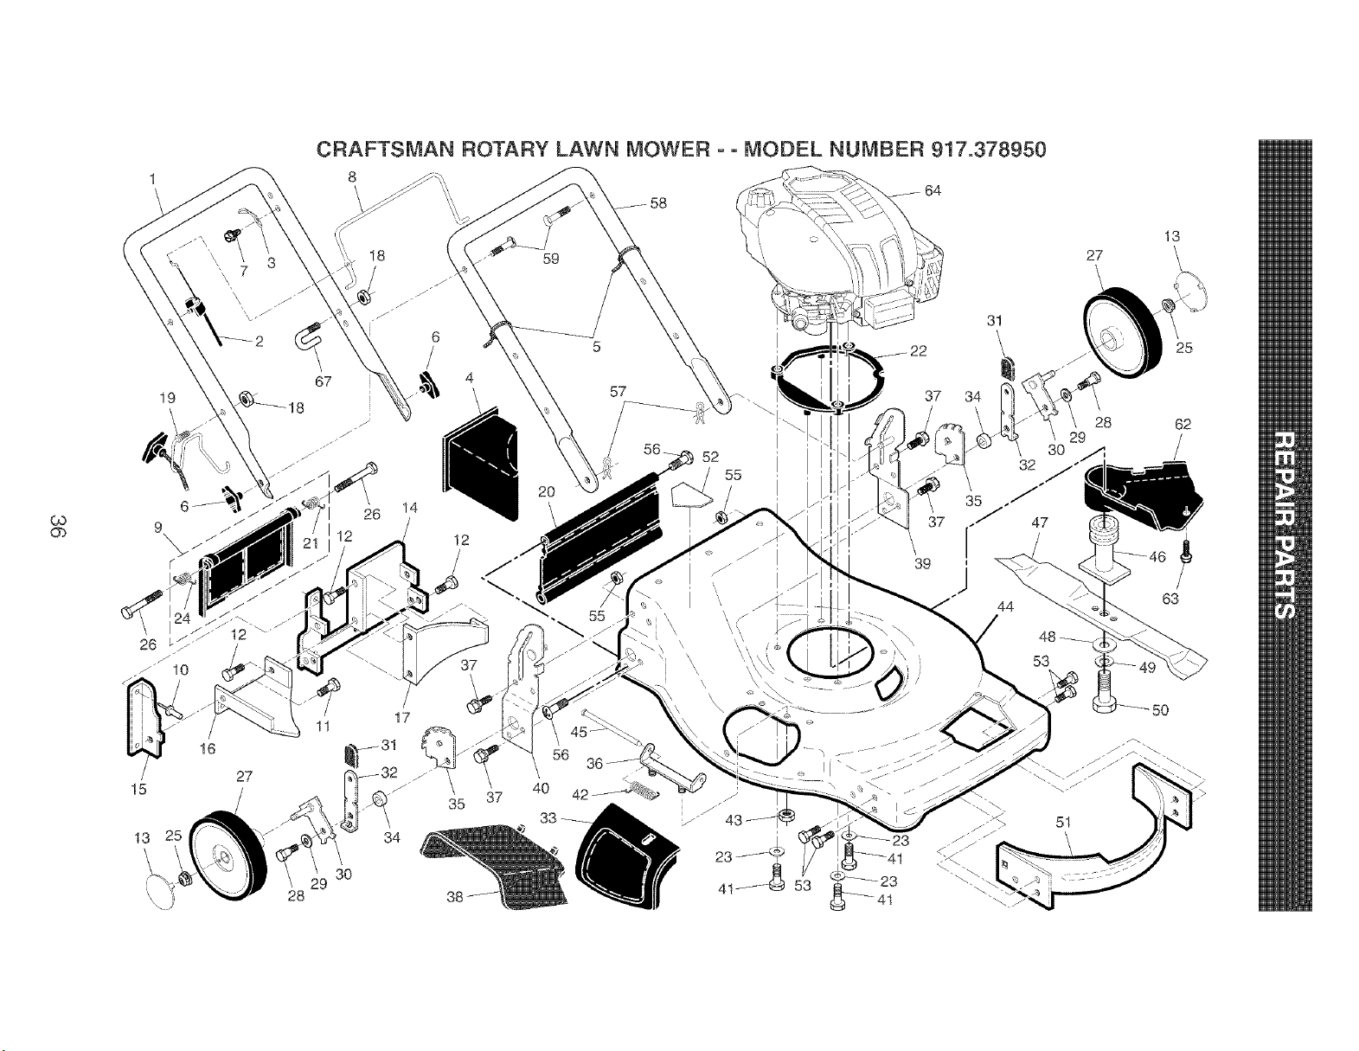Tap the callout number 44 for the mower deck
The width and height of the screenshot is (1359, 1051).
[1005, 606]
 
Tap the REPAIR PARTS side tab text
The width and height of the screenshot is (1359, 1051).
[1285, 524]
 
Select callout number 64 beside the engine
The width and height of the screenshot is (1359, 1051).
[933, 190]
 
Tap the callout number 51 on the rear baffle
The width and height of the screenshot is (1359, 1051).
[1063, 822]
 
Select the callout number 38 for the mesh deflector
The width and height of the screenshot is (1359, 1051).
[455, 896]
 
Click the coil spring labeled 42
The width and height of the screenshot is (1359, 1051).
[642, 790]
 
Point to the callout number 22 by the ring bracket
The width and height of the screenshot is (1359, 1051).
[918, 351]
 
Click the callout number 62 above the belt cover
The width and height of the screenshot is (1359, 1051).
[1183, 425]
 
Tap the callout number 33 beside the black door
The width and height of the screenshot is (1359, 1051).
[548, 817]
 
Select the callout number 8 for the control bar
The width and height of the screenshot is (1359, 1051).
[352, 177]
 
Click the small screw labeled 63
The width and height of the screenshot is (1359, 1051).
[1186, 551]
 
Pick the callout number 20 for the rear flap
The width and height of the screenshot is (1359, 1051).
[546, 492]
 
